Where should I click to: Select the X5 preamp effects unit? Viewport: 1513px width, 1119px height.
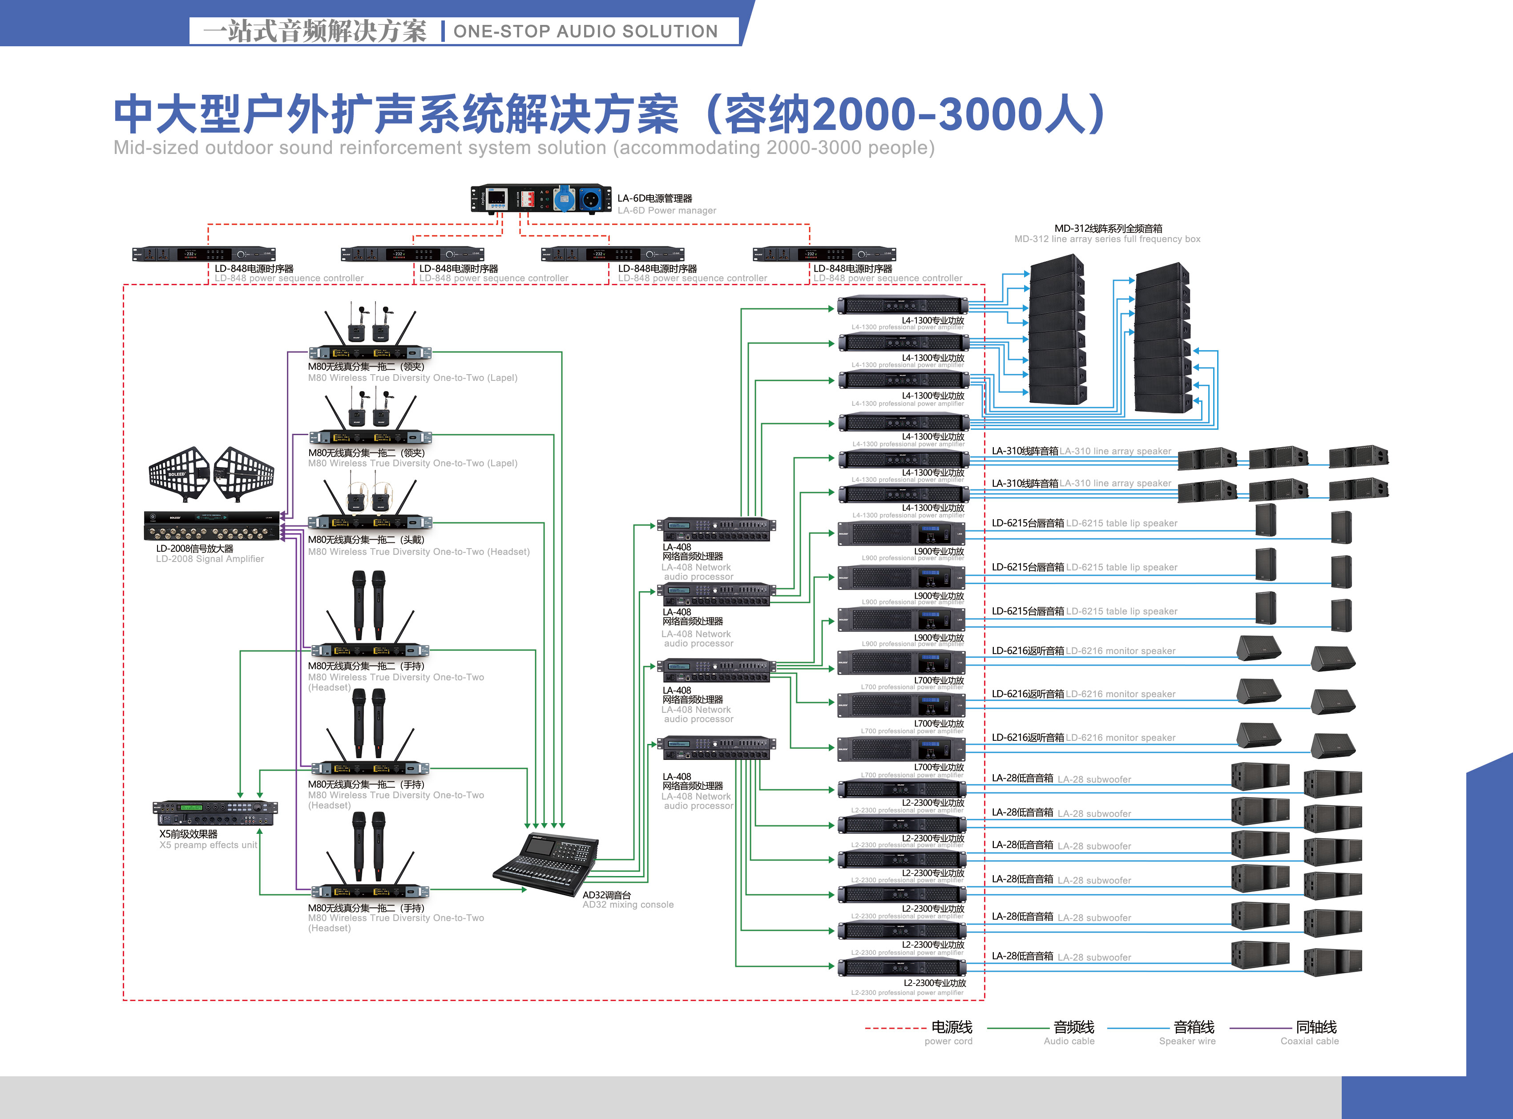point(215,813)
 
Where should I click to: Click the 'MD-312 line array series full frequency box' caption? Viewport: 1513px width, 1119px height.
point(1107,239)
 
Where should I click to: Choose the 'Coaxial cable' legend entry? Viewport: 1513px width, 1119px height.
point(1309,1041)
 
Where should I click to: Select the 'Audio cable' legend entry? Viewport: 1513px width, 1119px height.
point(1069,1041)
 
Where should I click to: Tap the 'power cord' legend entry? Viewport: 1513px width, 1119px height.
point(948,1041)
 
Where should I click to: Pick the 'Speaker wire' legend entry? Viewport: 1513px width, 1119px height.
point(1187,1041)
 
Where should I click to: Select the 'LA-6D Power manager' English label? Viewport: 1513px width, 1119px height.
point(666,210)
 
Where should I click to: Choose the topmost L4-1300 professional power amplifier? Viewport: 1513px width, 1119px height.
point(903,306)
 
